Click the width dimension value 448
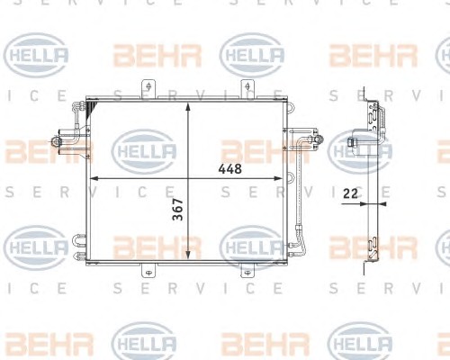tap(230, 169)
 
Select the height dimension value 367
tap(178, 210)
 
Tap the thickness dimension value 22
tap(350, 193)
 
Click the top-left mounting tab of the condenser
tap(148, 88)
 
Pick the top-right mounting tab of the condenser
tap(247, 88)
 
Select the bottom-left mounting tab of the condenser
tap(148, 270)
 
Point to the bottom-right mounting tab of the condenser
tap(247, 270)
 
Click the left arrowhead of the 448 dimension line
tap(94, 178)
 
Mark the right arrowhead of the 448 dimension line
tap(278, 178)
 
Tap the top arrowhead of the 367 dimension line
tap(188, 107)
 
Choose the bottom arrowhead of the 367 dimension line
tap(188, 255)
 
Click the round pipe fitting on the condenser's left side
tap(56, 140)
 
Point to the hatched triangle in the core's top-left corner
tap(91, 109)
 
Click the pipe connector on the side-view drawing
tap(351, 141)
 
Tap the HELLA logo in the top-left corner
tap(36, 56)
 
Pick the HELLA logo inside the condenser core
tap(144, 151)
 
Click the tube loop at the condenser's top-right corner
tap(290, 108)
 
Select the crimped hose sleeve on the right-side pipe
tap(299, 230)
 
